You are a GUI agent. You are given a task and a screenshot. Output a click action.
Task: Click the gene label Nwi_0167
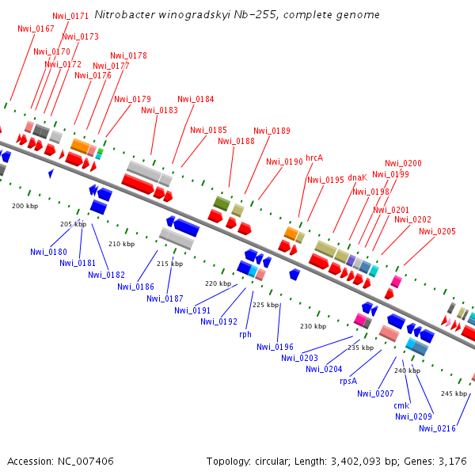(36, 28)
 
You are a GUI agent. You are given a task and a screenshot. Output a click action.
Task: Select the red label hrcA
(314, 158)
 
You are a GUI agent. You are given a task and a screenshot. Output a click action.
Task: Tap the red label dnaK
(358, 177)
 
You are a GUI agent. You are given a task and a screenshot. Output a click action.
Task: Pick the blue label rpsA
(349, 380)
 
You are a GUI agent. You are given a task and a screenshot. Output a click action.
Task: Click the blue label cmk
(401, 405)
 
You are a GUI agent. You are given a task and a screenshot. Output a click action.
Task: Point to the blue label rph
(245, 334)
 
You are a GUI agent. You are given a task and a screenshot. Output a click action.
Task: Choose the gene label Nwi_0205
(437, 231)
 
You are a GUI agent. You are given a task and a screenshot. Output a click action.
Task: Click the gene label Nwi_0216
(437, 428)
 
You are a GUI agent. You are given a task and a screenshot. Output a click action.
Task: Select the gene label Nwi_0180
(49, 252)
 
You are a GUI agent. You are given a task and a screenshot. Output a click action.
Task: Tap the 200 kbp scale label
(25, 206)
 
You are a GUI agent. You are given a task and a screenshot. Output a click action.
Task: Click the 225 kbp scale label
(265, 305)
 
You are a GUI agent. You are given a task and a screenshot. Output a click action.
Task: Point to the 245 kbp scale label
(454, 393)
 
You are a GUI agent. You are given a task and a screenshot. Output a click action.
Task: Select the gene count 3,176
(452, 461)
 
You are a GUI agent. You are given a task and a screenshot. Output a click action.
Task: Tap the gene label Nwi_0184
(196, 99)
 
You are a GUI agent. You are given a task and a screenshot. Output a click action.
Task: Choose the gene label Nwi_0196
(275, 346)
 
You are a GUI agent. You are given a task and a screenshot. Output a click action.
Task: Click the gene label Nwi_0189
(272, 131)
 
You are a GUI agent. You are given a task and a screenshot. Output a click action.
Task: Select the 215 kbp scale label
(169, 264)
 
